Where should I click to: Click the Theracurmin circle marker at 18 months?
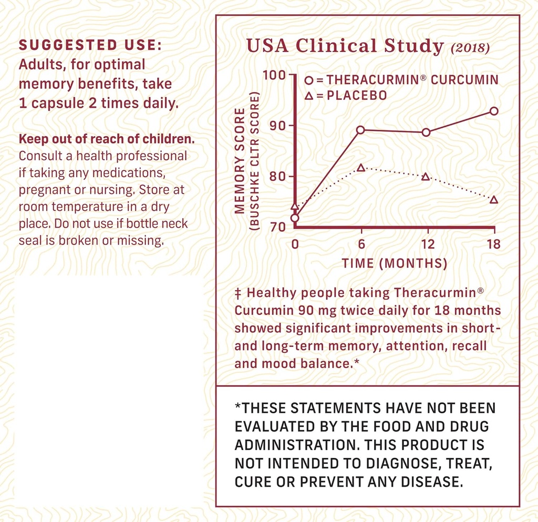pyautogui.click(x=494, y=111)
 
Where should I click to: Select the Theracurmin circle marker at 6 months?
pyautogui.click(x=360, y=130)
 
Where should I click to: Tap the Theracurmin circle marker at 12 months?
pyautogui.click(x=426, y=132)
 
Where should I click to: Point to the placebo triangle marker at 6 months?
pyautogui.click(x=360, y=168)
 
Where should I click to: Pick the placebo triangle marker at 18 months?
pyautogui.click(x=494, y=200)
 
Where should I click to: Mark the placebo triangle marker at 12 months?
pyautogui.click(x=426, y=177)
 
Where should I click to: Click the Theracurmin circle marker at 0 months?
pyautogui.click(x=295, y=218)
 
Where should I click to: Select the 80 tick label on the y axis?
pyautogui.click(x=278, y=176)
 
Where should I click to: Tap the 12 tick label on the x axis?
pyautogui.click(x=428, y=244)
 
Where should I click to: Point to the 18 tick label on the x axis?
pyautogui.click(x=493, y=244)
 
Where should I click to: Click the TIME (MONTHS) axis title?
pyautogui.click(x=395, y=263)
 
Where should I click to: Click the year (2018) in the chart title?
pyautogui.click(x=470, y=48)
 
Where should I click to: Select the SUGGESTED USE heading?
pyautogui.click(x=90, y=46)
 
